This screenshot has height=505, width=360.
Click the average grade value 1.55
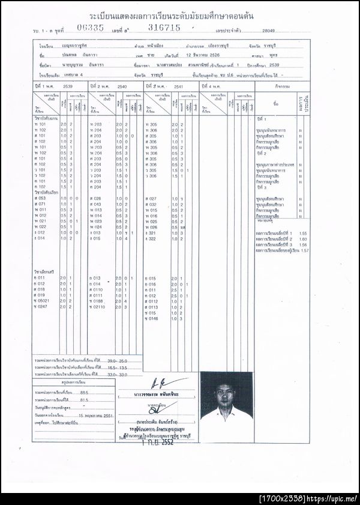(x=302, y=232)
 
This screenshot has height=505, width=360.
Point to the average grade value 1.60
(x=302, y=238)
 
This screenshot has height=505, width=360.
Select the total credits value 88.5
(x=85, y=391)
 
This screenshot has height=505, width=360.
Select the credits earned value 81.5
(x=85, y=398)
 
